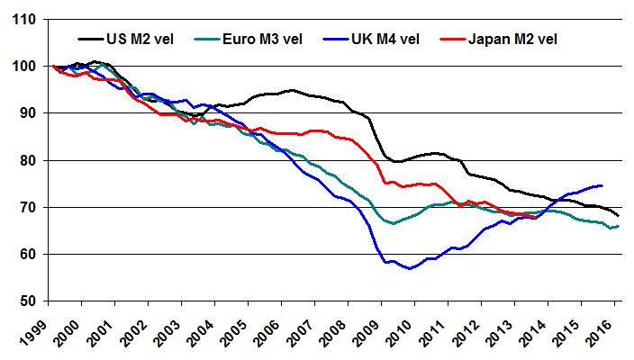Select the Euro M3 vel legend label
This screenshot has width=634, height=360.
(265, 40)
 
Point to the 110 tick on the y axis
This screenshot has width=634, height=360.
(24, 19)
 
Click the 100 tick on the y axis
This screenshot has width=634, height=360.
(24, 67)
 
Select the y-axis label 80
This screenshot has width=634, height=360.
(28, 160)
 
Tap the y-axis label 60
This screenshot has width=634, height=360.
(28, 254)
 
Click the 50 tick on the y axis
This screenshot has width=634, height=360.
(28, 301)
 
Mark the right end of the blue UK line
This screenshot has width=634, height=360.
(602, 185)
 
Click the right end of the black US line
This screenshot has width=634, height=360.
(618, 215)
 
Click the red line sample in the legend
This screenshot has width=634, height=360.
(454, 40)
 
